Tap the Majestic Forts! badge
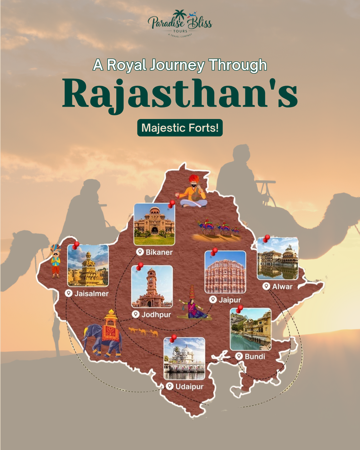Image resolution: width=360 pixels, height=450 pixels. [180, 128]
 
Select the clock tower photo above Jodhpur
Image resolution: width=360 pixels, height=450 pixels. [152, 287]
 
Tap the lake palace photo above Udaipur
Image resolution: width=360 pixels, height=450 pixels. [184, 359]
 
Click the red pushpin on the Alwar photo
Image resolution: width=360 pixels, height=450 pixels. [267, 238]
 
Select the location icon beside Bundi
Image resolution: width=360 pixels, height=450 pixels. [239, 356]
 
